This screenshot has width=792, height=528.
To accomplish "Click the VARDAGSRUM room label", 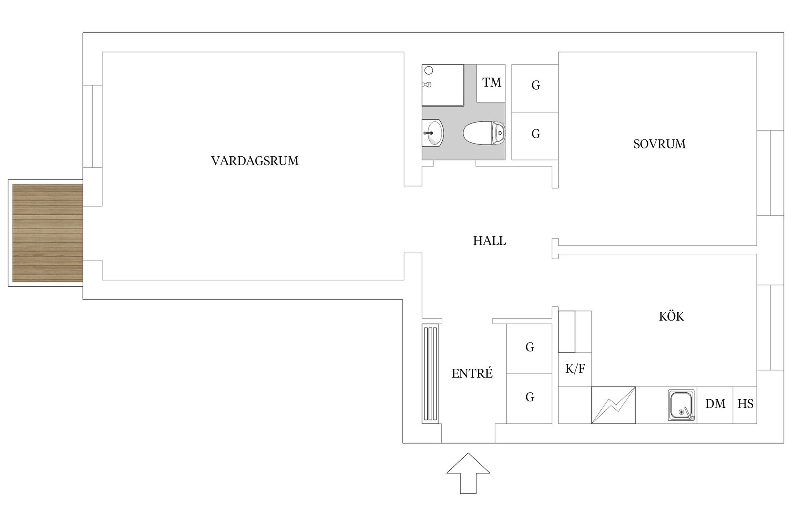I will [x=255, y=160].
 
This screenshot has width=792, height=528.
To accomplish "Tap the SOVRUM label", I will [x=659, y=144].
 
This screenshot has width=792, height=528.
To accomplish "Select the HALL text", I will [x=489, y=241].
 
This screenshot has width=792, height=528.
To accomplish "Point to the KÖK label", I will [x=671, y=316].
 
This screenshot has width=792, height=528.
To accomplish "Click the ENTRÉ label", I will [x=472, y=374].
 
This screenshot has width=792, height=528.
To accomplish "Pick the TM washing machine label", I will [x=491, y=82].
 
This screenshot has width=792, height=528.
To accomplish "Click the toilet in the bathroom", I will [x=484, y=133].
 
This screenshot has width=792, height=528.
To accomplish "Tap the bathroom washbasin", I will [x=434, y=133].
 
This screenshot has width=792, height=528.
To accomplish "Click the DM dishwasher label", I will [x=715, y=404].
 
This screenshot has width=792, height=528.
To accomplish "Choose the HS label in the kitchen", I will [x=745, y=404].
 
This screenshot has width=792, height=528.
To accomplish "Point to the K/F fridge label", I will [x=575, y=368].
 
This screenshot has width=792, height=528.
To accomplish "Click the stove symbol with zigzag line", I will [x=613, y=405].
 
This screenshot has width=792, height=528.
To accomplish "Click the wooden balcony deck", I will [x=47, y=233].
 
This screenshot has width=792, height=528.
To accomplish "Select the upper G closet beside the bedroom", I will [x=535, y=85].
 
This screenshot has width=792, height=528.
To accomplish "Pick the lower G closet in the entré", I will [x=530, y=397].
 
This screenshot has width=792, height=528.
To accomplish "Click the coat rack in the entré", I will [x=430, y=374].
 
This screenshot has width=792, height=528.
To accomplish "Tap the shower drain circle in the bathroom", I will [x=429, y=71].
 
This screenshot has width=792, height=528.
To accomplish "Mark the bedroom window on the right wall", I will [x=770, y=172].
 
